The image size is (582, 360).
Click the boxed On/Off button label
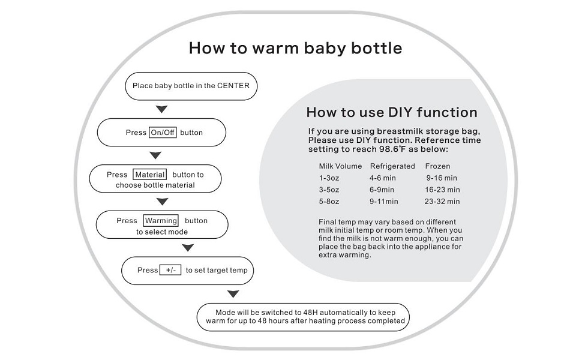tap(163, 133)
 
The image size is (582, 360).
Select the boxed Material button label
tap(149, 175)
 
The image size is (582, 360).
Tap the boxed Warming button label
tap(161, 221)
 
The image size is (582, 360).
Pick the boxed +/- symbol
tap(170, 270)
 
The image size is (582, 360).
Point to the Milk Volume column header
tap(340, 166)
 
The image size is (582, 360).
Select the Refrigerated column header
tap(392, 166)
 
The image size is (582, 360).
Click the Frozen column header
tap(437, 166)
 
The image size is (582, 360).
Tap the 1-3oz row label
tap(329, 178)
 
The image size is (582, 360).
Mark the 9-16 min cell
tap(442, 178)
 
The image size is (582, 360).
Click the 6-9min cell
tap(382, 190)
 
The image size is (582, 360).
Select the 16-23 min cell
tap(442, 190)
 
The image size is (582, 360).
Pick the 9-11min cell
tap(384, 202)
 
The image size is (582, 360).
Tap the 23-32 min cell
tap(442, 202)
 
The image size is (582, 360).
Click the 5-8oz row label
tap(329, 202)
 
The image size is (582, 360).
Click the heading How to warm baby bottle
tap(295, 48)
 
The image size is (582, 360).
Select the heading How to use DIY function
tap(392, 112)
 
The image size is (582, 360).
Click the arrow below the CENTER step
tap(161, 109)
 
